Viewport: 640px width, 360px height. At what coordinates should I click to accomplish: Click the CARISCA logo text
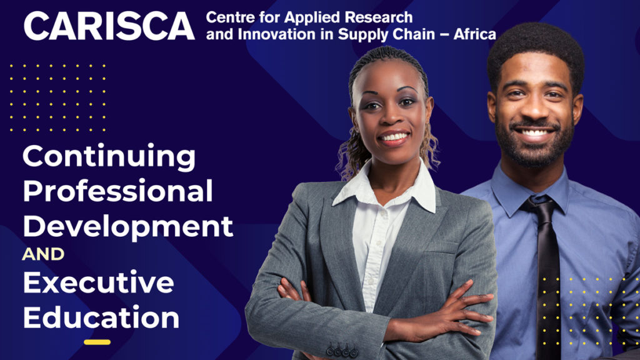(109, 26)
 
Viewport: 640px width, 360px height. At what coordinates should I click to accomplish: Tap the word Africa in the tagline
(475, 34)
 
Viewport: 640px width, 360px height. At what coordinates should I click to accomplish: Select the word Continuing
(109, 157)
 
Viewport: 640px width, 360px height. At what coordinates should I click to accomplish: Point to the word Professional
(117, 191)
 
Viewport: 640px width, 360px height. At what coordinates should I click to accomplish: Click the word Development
(127, 227)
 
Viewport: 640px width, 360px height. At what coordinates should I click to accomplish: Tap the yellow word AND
(43, 254)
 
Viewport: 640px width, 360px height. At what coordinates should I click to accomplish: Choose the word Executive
(98, 282)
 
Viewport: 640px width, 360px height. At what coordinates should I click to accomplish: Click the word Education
(101, 317)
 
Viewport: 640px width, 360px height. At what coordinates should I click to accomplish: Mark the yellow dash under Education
(97, 342)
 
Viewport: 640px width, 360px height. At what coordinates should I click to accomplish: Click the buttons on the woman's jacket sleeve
(342, 351)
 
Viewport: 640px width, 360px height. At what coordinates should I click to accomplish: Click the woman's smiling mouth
(394, 138)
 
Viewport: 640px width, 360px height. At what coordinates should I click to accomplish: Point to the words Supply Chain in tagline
(386, 35)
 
